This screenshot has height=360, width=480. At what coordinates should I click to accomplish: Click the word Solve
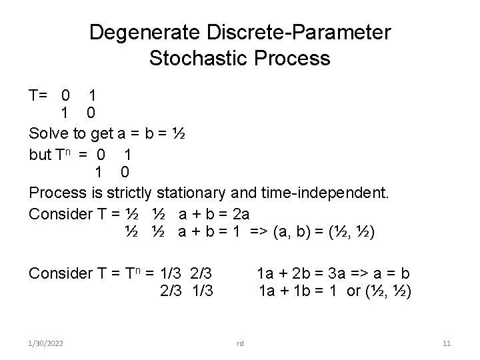pos(50,134)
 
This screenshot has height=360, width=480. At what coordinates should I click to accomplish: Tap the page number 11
pos(447,343)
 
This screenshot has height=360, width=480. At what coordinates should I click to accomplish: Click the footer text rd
pos(240,343)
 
